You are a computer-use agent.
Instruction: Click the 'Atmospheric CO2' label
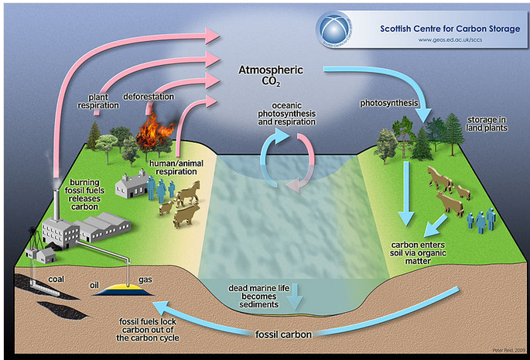tap(268, 75)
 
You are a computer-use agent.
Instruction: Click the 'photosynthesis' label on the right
tap(389, 102)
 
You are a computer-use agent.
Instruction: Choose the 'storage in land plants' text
tap(486, 124)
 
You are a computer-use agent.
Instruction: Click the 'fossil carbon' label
tap(286, 334)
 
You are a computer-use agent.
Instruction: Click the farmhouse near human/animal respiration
tap(132, 185)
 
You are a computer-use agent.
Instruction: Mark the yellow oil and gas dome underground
tap(129, 288)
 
